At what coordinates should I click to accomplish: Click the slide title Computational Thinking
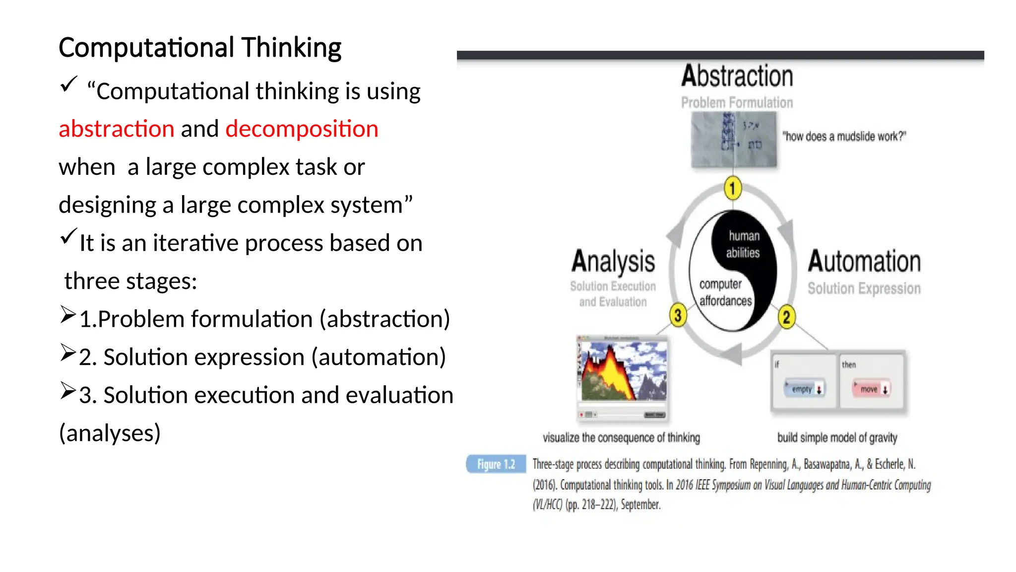(200, 48)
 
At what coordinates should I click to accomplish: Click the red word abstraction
(116, 129)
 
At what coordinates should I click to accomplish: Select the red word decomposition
(302, 129)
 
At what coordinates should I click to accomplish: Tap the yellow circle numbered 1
(732, 189)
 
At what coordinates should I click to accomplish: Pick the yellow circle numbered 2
(786, 317)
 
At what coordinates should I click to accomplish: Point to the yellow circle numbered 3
(678, 315)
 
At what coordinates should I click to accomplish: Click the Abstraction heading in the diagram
(737, 76)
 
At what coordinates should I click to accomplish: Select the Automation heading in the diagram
(864, 262)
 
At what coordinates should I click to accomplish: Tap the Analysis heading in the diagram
(613, 262)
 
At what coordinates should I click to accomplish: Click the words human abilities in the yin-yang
(743, 244)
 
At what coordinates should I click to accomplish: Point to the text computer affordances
(725, 292)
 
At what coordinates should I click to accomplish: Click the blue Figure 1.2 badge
(496, 464)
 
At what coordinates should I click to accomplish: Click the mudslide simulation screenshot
(623, 376)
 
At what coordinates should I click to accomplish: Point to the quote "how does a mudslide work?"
(844, 137)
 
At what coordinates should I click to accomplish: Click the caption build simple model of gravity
(837, 437)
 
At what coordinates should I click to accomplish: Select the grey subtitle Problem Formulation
(737, 103)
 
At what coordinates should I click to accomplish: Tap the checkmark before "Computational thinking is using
(68, 84)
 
